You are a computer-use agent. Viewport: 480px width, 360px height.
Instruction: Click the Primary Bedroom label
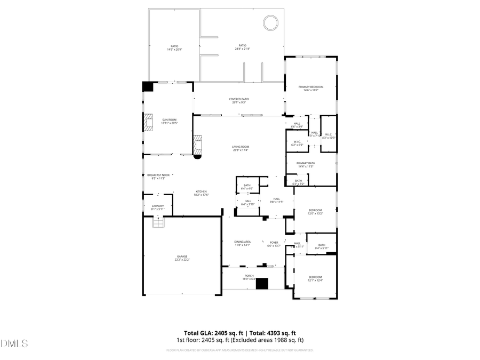pos(311,88)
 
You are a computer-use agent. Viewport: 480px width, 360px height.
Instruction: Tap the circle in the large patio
pos(270,23)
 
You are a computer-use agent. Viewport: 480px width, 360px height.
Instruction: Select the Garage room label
pos(182,258)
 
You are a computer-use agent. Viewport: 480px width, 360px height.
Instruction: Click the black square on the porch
pos(262,284)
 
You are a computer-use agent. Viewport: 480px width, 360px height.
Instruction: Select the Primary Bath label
pos(306,164)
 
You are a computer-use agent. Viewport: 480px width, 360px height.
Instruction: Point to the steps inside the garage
pos(158,223)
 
